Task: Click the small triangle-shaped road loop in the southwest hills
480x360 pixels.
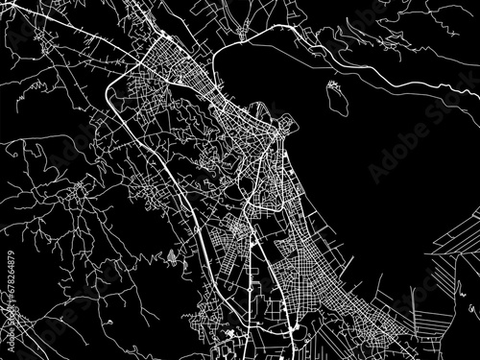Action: (172, 256)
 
